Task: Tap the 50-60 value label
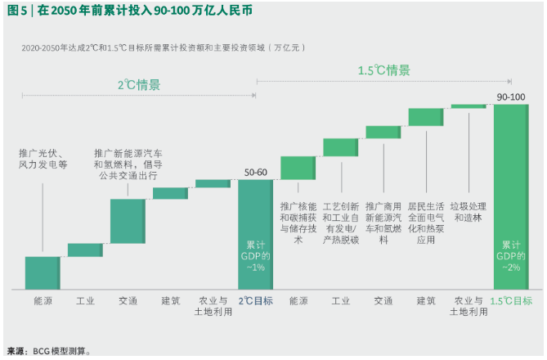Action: pyautogui.click(x=255, y=172)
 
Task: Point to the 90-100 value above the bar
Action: pyautogui.click(x=511, y=97)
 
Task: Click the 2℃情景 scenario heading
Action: pyautogui.click(x=138, y=84)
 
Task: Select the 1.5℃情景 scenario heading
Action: pyautogui.click(x=383, y=70)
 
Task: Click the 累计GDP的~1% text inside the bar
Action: pyautogui.click(x=256, y=256)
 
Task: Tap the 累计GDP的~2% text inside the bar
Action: pyautogui.click(x=511, y=256)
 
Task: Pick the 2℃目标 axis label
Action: pyautogui.click(x=255, y=301)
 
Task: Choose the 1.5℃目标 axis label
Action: pyautogui.click(x=511, y=301)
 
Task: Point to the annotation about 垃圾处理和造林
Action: pyautogui.click(x=470, y=212)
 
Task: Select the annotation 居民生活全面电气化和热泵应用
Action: pyautogui.click(x=426, y=223)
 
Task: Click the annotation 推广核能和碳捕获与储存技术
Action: pyautogui.click(x=298, y=223)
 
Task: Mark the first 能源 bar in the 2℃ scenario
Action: pyautogui.click(x=43, y=272)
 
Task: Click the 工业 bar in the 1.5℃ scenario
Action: pyautogui.click(x=340, y=147)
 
